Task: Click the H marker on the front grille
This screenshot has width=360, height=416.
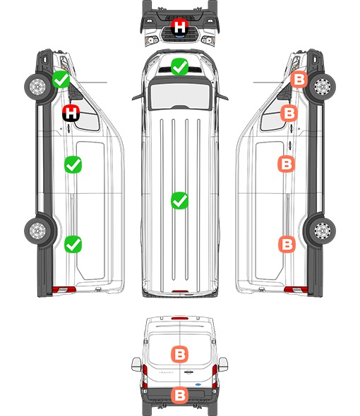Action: (179, 27)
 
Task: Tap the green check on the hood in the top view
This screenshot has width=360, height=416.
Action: (179, 66)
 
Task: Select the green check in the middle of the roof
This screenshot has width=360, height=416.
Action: (179, 200)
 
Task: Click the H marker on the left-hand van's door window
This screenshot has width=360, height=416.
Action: (71, 114)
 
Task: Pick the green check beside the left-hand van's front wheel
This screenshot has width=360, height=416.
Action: (61, 80)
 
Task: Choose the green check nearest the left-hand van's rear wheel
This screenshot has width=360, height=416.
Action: (73, 244)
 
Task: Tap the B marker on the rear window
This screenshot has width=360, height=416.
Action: (179, 354)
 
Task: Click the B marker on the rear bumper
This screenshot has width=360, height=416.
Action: (179, 396)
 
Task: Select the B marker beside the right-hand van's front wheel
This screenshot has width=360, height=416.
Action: (299, 80)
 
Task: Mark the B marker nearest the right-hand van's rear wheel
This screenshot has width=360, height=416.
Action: (287, 244)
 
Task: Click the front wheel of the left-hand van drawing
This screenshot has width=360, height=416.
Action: (37, 87)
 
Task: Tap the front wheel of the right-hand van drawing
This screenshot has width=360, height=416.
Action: (322, 87)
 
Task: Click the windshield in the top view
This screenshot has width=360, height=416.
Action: (180, 95)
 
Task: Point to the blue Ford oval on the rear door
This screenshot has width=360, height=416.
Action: (198, 384)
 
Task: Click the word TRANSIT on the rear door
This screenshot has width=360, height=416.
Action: (166, 372)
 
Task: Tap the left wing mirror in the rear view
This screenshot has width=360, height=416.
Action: (136, 365)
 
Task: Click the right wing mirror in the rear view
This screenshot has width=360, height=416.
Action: (223, 365)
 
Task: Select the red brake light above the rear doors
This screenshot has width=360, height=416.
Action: (179, 318)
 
